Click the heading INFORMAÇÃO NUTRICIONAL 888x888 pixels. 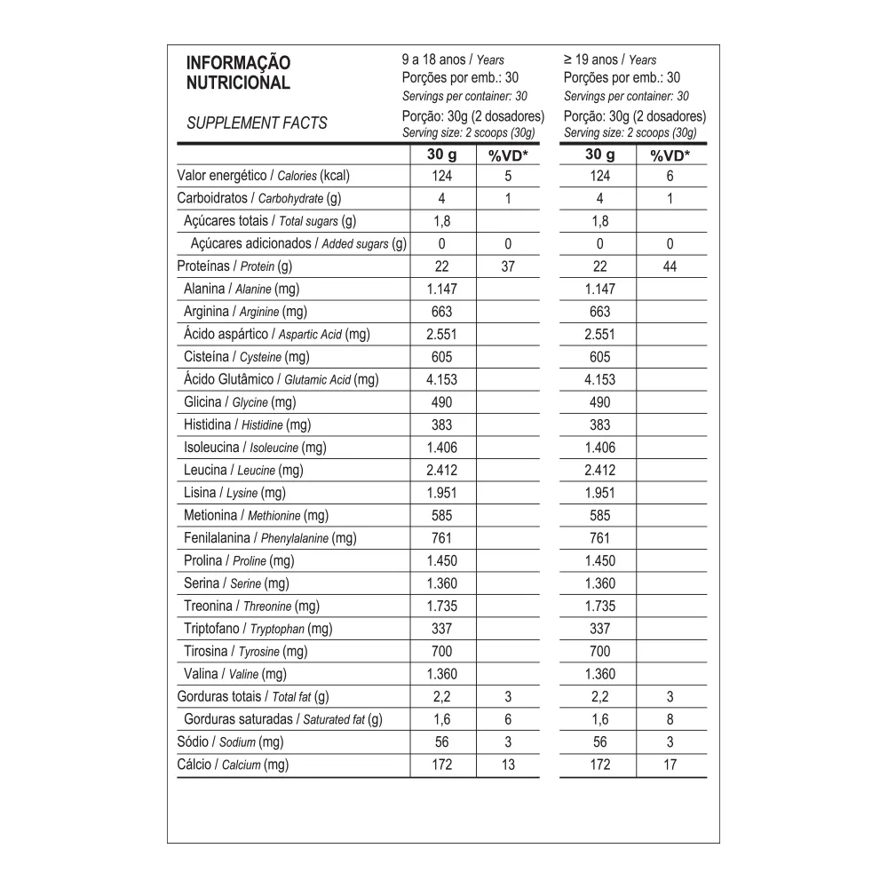pos(238,73)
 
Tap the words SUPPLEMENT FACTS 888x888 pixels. pos(257,123)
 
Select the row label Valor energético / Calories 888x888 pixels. pos(265,176)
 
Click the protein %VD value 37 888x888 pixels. pos(508,266)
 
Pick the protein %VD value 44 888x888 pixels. pos(670,266)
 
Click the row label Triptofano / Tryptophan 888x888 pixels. pos(258,629)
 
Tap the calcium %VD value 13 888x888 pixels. pos(508,765)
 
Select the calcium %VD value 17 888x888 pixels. pos(670,765)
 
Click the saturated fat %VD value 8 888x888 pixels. pos(670,719)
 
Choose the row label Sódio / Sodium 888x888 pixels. pos(230,742)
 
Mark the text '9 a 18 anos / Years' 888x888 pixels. pos(453,60)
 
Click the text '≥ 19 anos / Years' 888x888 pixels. pos(610,60)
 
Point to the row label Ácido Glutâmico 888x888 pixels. pos(281,380)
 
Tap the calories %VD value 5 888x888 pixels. pos(508,176)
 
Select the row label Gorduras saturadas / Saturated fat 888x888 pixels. pos(282,719)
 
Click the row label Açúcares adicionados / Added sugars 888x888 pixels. pos(298,243)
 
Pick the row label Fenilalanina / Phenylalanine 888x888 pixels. pos(270,538)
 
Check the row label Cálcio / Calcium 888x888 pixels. pos(233,765)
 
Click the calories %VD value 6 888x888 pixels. pos(670,176)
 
